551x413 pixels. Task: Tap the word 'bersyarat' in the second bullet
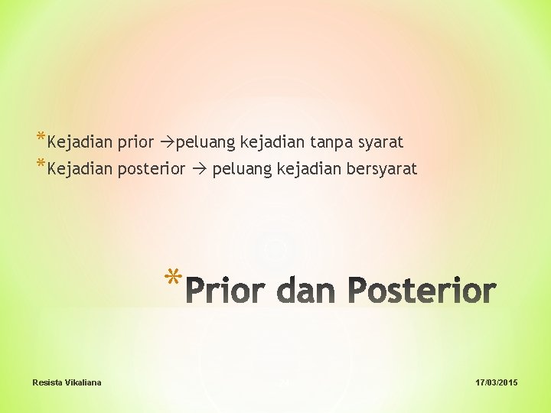[x=380, y=169]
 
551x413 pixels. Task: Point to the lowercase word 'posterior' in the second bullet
[x=151, y=169]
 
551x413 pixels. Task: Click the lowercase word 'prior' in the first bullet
[x=135, y=142]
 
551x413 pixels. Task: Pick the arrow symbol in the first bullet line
[x=164, y=142]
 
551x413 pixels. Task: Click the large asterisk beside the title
[x=174, y=279]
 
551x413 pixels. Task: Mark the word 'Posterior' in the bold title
[x=422, y=291]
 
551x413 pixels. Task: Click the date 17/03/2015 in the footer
[x=496, y=382]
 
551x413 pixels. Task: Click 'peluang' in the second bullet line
[x=239, y=170]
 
